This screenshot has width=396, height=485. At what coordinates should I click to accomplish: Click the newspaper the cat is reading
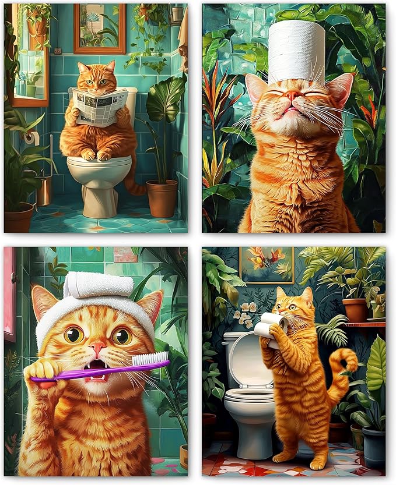point(100,106)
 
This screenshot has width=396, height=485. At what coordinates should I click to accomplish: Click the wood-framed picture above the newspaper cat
point(99,28)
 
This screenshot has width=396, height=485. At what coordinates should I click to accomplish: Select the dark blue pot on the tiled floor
point(374,445)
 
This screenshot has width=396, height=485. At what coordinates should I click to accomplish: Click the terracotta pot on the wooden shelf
point(354,310)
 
